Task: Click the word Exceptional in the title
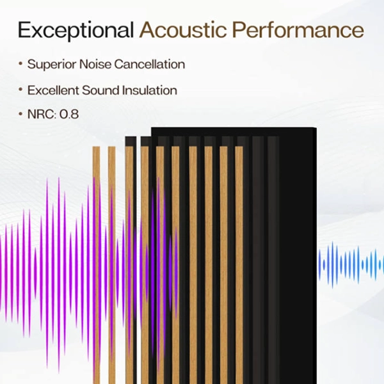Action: point(76,31)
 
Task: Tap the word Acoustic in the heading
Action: point(183,30)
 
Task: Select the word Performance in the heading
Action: point(298,30)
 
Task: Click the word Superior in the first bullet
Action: point(52,65)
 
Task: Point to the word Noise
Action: point(95,64)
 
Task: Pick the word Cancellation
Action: point(150,64)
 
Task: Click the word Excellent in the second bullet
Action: point(53,90)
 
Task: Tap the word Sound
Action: point(100,90)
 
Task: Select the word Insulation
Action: point(150,90)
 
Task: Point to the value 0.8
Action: point(69,114)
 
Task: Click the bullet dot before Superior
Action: point(20,63)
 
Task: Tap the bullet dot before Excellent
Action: point(20,90)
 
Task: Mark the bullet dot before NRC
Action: point(20,114)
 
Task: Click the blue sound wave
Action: point(351,264)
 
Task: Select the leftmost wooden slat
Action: point(97,265)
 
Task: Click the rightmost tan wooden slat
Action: point(239,265)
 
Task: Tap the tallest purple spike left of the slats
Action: point(59,275)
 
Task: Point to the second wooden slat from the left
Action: point(111,265)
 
